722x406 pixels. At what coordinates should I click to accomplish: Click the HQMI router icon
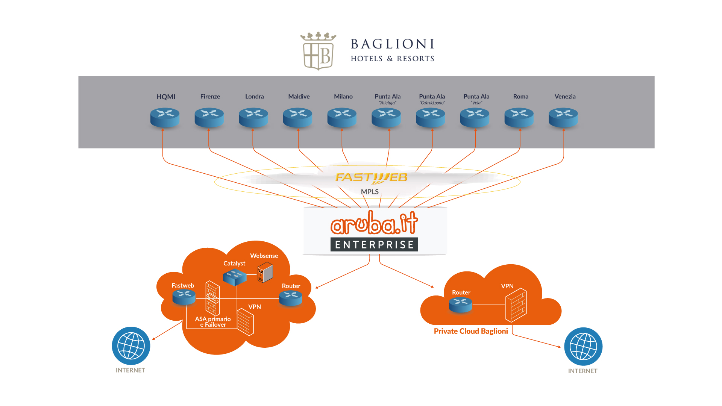[x=165, y=117]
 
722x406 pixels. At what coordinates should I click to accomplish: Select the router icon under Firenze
[x=209, y=117]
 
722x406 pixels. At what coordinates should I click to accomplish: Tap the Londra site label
[x=255, y=97]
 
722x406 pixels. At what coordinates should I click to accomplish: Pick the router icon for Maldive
[x=297, y=117]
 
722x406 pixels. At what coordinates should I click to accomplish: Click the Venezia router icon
[x=563, y=117]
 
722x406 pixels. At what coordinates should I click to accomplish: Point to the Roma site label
[x=520, y=97]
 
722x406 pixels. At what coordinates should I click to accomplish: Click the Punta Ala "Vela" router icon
[x=475, y=117]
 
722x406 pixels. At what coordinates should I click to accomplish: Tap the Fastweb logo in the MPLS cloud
[x=371, y=177]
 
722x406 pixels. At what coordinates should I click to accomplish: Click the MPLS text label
[x=370, y=192]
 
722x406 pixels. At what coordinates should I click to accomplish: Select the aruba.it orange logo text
[x=374, y=223]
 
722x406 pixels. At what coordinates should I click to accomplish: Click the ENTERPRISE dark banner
[x=374, y=245]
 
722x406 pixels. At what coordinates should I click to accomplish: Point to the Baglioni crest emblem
[x=318, y=52]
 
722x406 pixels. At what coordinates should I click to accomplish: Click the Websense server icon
[x=265, y=273]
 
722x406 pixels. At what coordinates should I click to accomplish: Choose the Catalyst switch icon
[x=235, y=277]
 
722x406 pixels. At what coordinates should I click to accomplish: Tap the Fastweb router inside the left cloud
[x=184, y=297]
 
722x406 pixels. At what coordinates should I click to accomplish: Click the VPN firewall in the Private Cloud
[x=516, y=305]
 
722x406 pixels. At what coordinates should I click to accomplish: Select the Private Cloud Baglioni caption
[x=471, y=331]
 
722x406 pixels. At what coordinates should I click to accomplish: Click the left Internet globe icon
[x=131, y=346]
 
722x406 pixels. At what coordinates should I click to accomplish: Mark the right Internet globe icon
[x=583, y=347]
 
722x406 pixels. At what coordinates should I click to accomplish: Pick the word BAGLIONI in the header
[x=393, y=44]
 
